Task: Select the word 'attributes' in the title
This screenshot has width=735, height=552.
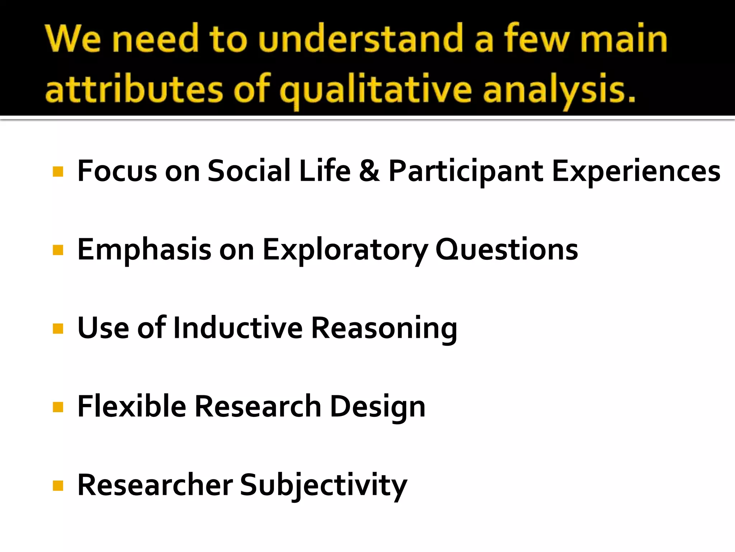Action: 134,89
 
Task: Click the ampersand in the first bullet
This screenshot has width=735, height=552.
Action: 369,171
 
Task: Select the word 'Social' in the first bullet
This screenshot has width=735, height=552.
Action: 249,171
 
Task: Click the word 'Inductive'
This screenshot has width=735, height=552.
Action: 238,328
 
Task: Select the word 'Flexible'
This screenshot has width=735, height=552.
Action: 132,406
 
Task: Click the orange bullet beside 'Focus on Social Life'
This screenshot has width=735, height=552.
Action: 58,171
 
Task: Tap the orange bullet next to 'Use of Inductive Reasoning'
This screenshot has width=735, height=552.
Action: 58,328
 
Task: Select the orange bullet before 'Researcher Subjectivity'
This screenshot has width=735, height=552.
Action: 58,486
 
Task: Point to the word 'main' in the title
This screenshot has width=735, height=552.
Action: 624,39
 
